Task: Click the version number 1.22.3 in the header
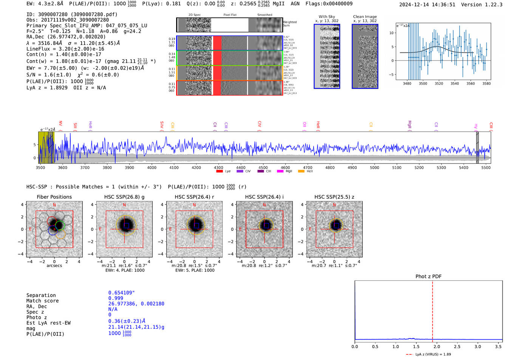click(x=490, y=5)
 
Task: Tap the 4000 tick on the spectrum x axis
click(x=152, y=167)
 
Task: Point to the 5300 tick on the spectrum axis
click(x=441, y=167)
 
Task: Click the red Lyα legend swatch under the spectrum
click(x=220, y=172)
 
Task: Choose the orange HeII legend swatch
click(x=301, y=172)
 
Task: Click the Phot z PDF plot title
click(x=428, y=277)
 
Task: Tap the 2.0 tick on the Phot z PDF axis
click(x=437, y=346)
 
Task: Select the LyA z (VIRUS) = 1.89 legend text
click(x=433, y=354)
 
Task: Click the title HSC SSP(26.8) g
click(x=124, y=197)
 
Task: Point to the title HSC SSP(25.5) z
click(x=334, y=197)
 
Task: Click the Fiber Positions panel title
click(x=54, y=197)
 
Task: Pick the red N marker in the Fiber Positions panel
click(x=54, y=205)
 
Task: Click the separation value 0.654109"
click(x=121, y=293)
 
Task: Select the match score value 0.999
click(x=116, y=298)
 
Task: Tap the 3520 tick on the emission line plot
click(x=439, y=83)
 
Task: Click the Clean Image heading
click(x=365, y=17)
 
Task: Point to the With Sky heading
click(x=327, y=17)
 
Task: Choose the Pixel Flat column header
click(x=230, y=15)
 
